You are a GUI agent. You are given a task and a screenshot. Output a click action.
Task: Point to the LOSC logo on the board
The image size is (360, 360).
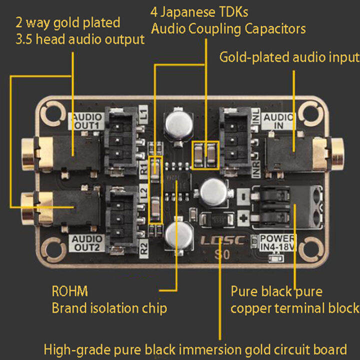[222, 240]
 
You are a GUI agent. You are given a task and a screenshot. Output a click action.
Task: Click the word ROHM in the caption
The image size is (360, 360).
[69, 291]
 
